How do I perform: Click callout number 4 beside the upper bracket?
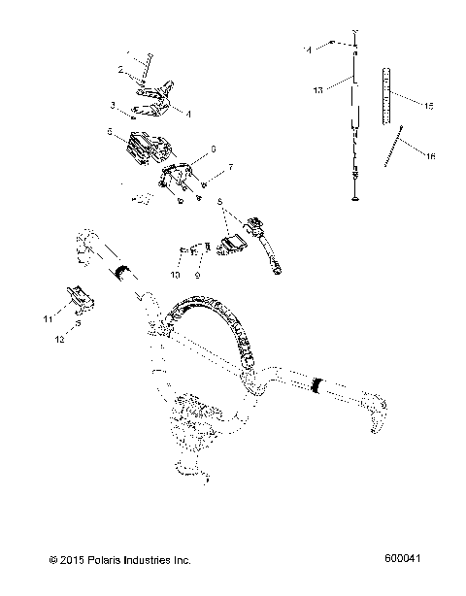187,115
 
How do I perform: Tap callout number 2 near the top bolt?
120,70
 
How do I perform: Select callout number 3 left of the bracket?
113,104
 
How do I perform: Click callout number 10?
176,277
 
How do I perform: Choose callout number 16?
430,155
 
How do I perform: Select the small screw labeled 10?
183,254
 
